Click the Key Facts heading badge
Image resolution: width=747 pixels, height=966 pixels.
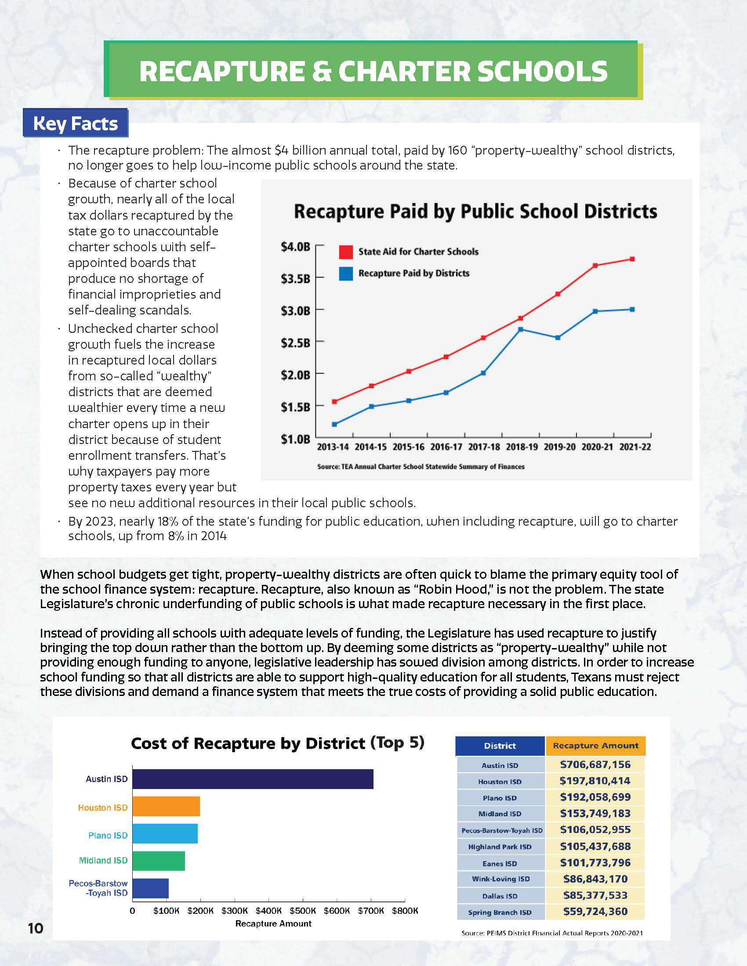pyautogui.click(x=75, y=123)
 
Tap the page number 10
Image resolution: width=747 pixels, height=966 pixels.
pyautogui.click(x=36, y=928)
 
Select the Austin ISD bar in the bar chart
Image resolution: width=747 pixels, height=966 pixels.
pyautogui.click(x=253, y=779)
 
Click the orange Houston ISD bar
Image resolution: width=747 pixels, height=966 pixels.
pyautogui.click(x=166, y=806)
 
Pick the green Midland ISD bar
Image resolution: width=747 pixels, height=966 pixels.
pyautogui.click(x=159, y=861)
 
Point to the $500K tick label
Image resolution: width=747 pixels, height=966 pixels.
pyautogui.click(x=303, y=911)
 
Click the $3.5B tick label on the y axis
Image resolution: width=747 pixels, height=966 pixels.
pyautogui.click(x=295, y=279)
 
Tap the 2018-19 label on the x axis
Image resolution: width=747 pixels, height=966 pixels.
pyautogui.click(x=522, y=447)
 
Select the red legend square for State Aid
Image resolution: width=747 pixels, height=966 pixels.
pyautogui.click(x=346, y=252)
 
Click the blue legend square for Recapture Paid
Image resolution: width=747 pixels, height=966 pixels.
pyautogui.click(x=346, y=274)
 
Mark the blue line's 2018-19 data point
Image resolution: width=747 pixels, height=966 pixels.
pyautogui.click(x=520, y=329)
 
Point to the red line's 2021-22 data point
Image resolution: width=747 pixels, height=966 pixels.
pyautogui.click(x=632, y=259)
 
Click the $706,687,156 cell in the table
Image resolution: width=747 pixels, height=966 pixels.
pyautogui.click(x=595, y=764)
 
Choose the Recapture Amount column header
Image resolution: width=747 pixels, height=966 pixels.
pyautogui.click(x=595, y=745)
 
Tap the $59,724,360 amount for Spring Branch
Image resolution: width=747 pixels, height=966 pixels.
pyautogui.click(x=595, y=912)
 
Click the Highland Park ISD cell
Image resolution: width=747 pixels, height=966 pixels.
pyautogui.click(x=500, y=847)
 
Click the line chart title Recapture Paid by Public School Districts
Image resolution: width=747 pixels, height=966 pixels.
pyautogui.click(x=475, y=212)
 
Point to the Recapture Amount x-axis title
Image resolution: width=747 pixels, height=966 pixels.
pyautogui.click(x=273, y=923)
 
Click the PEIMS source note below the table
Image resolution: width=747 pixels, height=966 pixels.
pyautogui.click(x=552, y=933)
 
